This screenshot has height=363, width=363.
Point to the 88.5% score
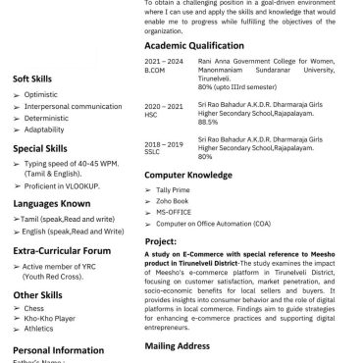208,123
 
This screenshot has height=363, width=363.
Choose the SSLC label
154,152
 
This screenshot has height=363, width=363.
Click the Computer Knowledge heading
193,175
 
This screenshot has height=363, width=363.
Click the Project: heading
161,240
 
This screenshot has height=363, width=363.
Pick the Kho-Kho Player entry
50,317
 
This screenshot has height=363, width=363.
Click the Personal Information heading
58,350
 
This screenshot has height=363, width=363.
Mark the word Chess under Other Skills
34,307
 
